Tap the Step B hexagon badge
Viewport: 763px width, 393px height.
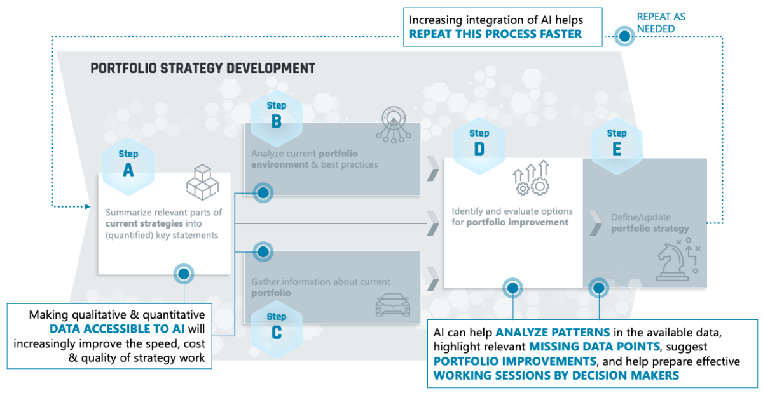[x=276, y=115]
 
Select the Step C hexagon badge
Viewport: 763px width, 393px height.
[x=276, y=326]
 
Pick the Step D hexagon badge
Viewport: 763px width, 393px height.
[x=479, y=142]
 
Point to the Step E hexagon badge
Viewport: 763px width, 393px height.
[x=616, y=142]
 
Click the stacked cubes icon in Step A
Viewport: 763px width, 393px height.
[x=202, y=183]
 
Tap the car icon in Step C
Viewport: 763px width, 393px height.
[x=388, y=305]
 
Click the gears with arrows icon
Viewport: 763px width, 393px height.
[x=530, y=178]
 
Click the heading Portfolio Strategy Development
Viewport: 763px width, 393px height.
[x=203, y=68]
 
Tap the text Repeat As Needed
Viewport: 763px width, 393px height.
[x=661, y=23]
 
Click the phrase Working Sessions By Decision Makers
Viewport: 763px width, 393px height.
[x=556, y=375]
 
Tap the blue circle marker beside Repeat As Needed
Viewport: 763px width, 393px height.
[x=625, y=37]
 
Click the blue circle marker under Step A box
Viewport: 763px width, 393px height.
[x=184, y=274]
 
